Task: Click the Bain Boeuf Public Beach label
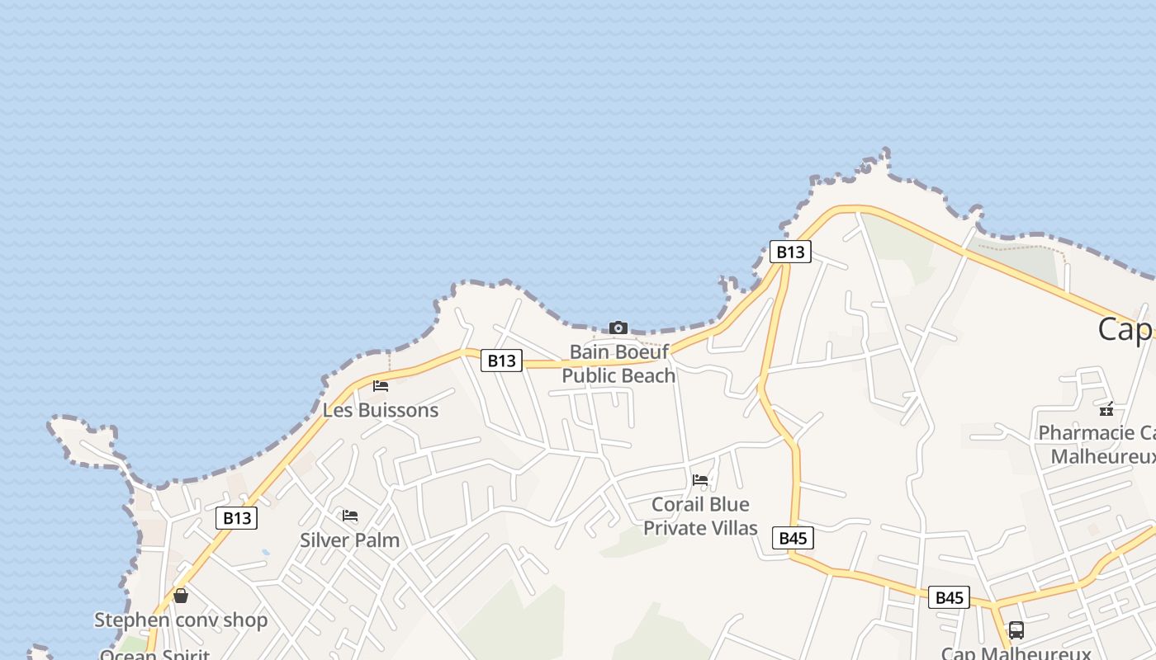618,364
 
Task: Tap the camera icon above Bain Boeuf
618,328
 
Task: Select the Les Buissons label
380,410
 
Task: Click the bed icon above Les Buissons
381,385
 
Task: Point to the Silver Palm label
349,540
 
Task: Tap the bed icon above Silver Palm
350,516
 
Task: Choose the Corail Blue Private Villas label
700,516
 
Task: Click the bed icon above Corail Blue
700,479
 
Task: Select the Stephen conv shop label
181,620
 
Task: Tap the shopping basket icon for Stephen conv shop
181,596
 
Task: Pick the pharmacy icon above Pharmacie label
1106,408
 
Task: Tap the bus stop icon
1016,630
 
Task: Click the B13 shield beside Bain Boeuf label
501,361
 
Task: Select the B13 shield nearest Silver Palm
237,518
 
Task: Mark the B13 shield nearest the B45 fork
790,252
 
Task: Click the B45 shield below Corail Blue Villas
793,539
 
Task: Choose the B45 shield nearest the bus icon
949,598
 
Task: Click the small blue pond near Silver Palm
265,552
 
